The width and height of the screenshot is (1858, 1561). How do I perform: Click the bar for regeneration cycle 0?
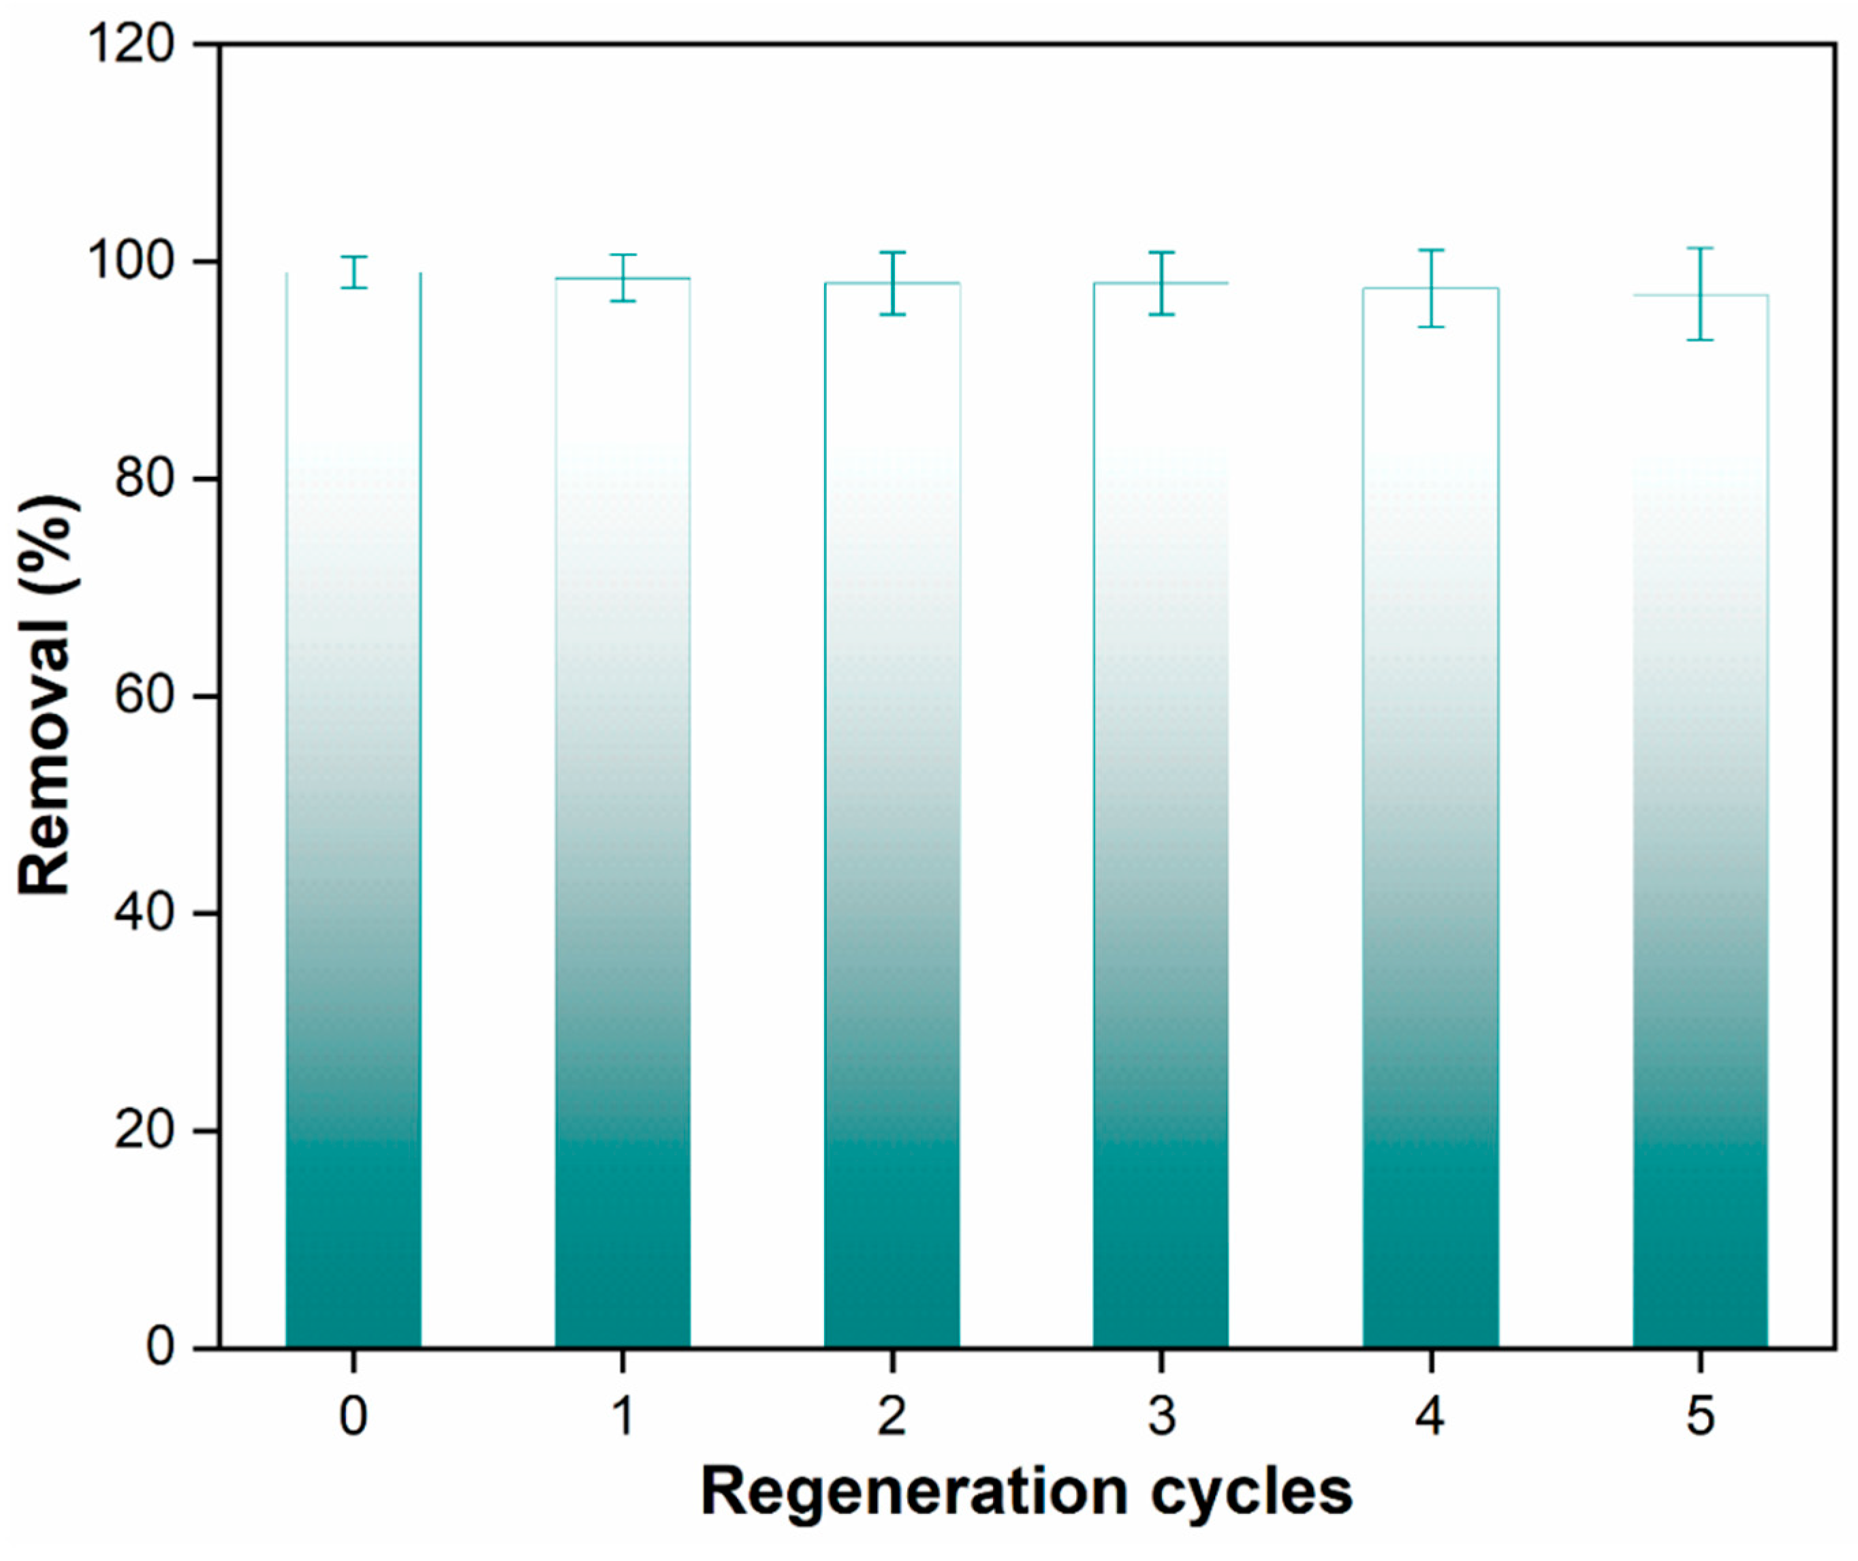[353, 885]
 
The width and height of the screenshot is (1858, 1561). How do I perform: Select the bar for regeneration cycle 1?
[623, 885]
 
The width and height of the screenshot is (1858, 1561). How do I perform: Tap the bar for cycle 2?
[892, 885]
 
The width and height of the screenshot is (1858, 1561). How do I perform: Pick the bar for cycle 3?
[1161, 885]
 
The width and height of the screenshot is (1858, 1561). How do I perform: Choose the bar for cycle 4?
[1431, 885]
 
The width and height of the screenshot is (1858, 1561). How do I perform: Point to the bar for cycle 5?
[1699, 885]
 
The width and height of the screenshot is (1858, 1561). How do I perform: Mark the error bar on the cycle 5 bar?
[1699, 294]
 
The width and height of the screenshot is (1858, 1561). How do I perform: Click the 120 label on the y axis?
[130, 44]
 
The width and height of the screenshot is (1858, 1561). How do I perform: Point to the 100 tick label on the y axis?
[130, 262]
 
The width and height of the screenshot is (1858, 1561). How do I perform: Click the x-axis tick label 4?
[1431, 1416]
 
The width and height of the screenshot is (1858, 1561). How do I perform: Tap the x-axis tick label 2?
[892, 1416]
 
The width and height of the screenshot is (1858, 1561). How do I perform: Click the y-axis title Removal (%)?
[46, 696]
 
